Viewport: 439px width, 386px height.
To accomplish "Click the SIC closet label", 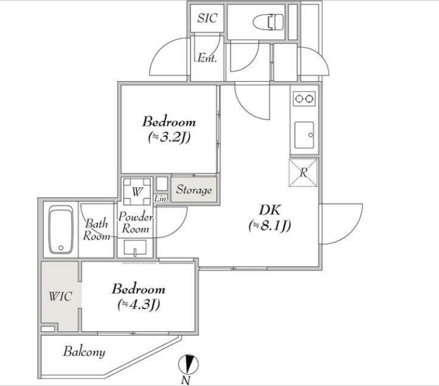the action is pos(207,18).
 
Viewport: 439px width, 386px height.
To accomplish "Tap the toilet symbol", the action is pos(268,22).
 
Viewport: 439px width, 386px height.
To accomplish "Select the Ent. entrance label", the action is pos(207,58).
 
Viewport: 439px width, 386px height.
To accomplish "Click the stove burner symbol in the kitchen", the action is pos(304,99).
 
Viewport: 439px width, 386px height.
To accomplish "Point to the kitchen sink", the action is pos(304,135).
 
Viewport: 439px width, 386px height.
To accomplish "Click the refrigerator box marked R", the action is pos(303,173).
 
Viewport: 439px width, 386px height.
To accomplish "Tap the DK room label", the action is pos(270,210).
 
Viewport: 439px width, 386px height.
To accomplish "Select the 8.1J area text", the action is pos(270,225).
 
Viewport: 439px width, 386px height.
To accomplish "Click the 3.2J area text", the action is pos(170,137).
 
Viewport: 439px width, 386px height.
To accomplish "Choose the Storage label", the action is pos(194,190).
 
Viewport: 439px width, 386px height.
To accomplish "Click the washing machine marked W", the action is pos(138,191).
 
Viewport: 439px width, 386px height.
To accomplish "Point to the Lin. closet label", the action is pos(161,199).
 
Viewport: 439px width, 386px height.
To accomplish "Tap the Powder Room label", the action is pos(136,223).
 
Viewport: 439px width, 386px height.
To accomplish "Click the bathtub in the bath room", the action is pos(61,229).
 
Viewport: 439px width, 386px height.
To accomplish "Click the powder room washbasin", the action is pos(135,247).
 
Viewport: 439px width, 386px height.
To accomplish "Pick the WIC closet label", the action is pos(61,297).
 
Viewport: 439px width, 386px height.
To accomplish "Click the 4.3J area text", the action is pos(139,304).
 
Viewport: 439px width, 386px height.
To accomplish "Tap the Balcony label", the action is pos(85,352).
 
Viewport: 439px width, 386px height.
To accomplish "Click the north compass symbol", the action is pos(189,365).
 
